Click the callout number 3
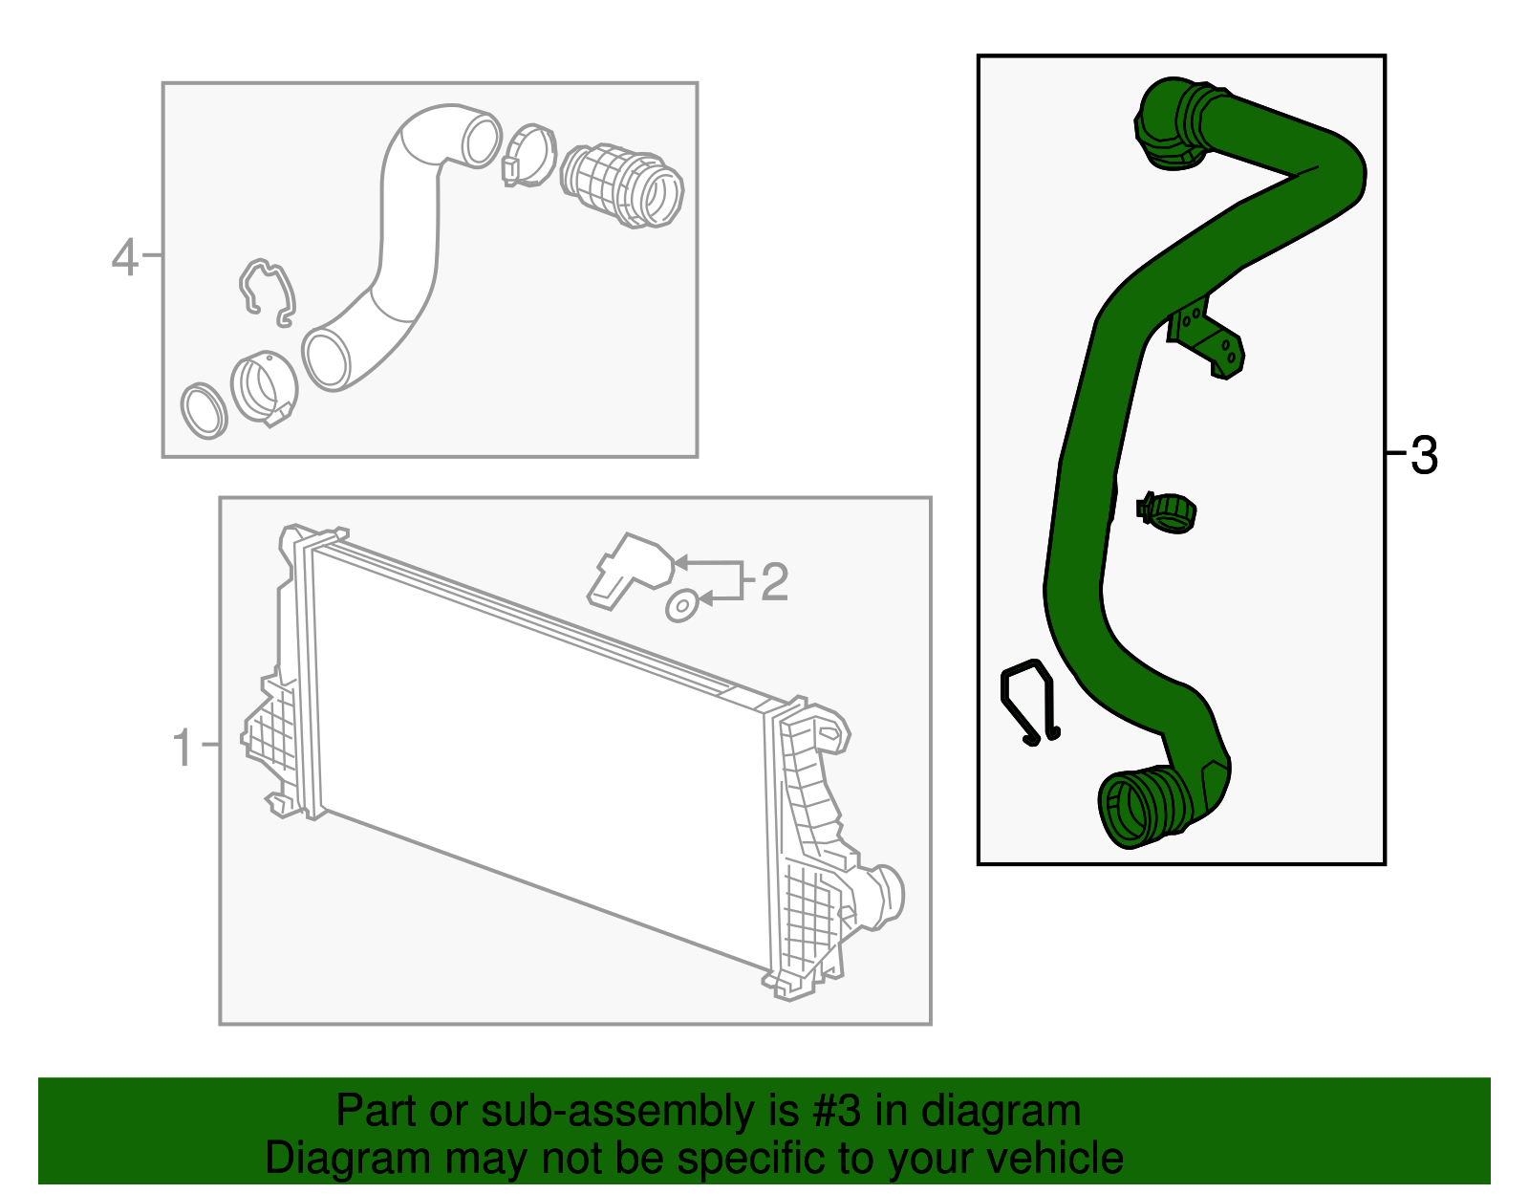1424,456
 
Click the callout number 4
125,257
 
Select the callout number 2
774,581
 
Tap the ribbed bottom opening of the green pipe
1136,809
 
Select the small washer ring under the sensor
681,606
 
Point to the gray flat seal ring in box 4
204,410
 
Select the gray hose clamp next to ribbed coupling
528,155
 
